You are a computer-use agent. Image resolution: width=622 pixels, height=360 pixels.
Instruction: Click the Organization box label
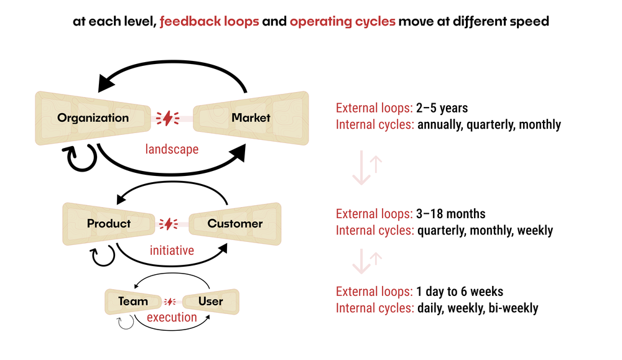click(x=93, y=118)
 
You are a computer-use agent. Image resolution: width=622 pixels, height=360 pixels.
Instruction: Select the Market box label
click(x=251, y=118)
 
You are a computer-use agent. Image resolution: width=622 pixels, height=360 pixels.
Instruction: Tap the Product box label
click(x=109, y=223)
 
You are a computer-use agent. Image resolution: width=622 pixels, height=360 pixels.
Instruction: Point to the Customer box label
click(x=235, y=223)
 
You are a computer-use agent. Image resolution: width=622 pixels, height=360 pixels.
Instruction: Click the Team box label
click(x=133, y=302)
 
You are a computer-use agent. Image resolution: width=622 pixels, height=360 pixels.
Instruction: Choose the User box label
click(x=210, y=302)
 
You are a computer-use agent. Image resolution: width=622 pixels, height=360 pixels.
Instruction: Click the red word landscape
click(x=172, y=149)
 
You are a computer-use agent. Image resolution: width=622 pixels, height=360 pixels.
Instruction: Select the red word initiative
click(x=172, y=251)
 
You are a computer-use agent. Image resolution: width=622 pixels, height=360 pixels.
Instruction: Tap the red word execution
click(x=172, y=317)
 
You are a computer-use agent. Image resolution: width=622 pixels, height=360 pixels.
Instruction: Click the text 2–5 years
click(x=442, y=108)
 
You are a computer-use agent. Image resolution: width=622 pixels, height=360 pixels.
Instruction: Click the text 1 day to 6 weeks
click(x=460, y=291)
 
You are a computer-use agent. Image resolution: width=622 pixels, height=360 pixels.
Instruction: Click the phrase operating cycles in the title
click(x=343, y=21)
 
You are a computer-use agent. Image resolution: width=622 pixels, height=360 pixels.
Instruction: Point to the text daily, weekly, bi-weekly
click(x=478, y=308)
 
